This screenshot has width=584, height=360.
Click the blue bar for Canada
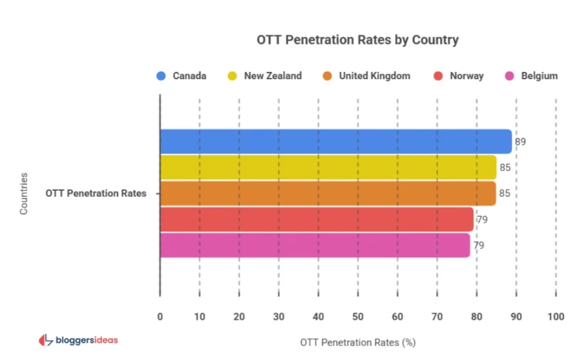pos(336,141)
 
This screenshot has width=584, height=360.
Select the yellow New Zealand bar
pos(328,167)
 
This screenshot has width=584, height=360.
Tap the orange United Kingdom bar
pos(328,194)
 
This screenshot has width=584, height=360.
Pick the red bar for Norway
pos(316,219)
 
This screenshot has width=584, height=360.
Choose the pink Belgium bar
pos(314,245)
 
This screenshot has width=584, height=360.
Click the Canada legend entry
pos(182,76)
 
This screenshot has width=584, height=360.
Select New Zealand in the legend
pos(264,76)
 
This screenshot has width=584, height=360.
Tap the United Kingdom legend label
pos(366,76)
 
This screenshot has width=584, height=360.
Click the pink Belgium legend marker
pos(510,76)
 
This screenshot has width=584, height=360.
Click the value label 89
pos(521,141)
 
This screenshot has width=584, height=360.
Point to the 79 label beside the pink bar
pos(478,245)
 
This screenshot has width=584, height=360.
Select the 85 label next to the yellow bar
pos(505,168)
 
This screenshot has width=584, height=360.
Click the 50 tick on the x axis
pos(358,316)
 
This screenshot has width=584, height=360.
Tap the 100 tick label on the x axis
pos(556,316)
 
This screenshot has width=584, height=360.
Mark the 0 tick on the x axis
pos(160,316)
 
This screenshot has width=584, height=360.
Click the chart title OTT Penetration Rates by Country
pos(357,40)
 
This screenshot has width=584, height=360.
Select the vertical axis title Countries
pos(24,194)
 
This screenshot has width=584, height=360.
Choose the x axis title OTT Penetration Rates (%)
pos(357,342)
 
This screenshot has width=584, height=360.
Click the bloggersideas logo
pos(79,340)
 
